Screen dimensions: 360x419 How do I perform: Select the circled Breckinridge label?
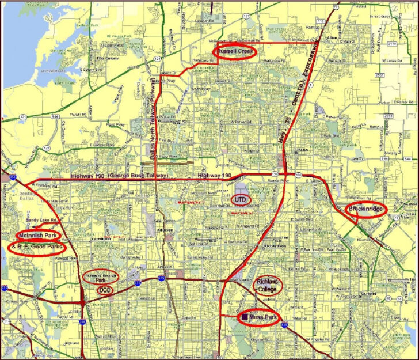[367, 209]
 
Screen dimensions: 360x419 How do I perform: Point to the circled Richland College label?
[268, 285]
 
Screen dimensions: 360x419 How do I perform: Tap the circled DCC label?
[105, 290]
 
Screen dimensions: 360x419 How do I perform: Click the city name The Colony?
[107, 58]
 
